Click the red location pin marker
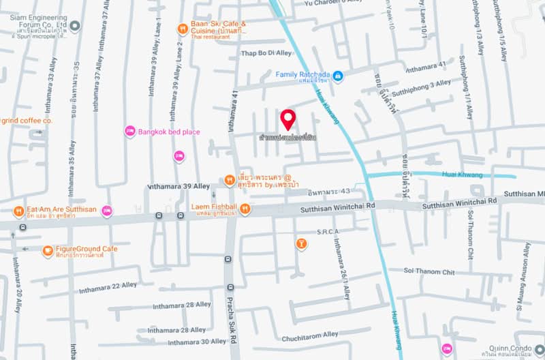288,119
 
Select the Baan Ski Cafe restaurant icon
183,29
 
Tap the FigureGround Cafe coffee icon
48,252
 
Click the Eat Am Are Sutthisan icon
18,210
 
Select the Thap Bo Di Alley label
266,53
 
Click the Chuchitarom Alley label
310,335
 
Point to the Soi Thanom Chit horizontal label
429,272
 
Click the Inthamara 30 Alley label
198,341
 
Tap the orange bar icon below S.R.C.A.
301,243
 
